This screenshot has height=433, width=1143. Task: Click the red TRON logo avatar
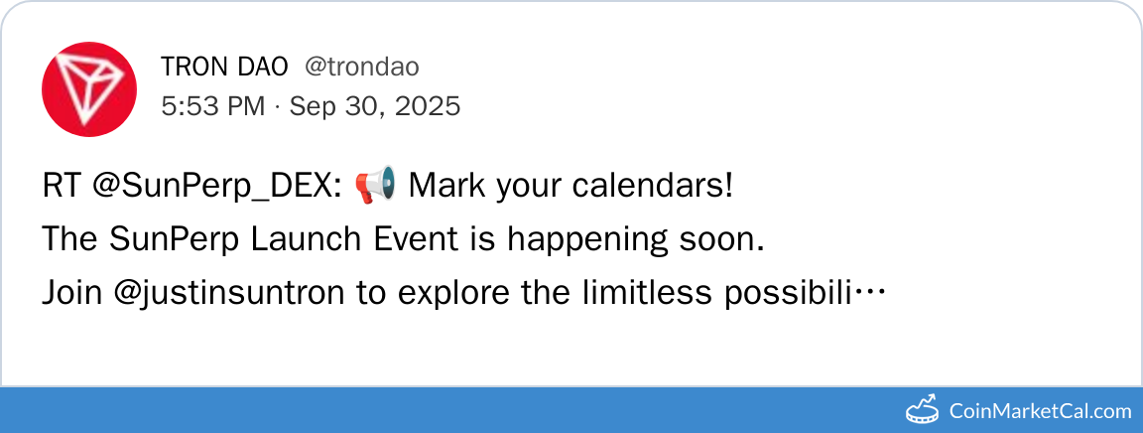[x=89, y=89]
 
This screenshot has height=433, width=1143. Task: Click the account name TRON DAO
[x=224, y=68]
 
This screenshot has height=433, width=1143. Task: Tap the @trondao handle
[x=361, y=68]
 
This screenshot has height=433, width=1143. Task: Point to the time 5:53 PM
[x=213, y=106]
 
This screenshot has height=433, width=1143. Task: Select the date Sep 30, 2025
[x=375, y=106]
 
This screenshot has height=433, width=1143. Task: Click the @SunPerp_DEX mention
[x=217, y=187]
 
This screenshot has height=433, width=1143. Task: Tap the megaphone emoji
[x=375, y=185]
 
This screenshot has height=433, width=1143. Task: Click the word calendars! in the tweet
[x=652, y=186]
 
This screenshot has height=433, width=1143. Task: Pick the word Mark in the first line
[x=446, y=186]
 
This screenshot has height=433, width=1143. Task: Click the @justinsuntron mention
[x=229, y=294]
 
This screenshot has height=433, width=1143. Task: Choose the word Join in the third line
[x=72, y=293]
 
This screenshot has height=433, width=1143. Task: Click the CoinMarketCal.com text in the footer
[x=1040, y=411]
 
